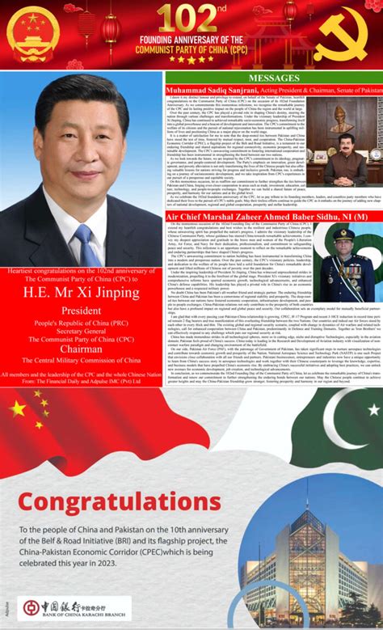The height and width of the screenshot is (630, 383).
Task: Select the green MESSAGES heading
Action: coord(272,78)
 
